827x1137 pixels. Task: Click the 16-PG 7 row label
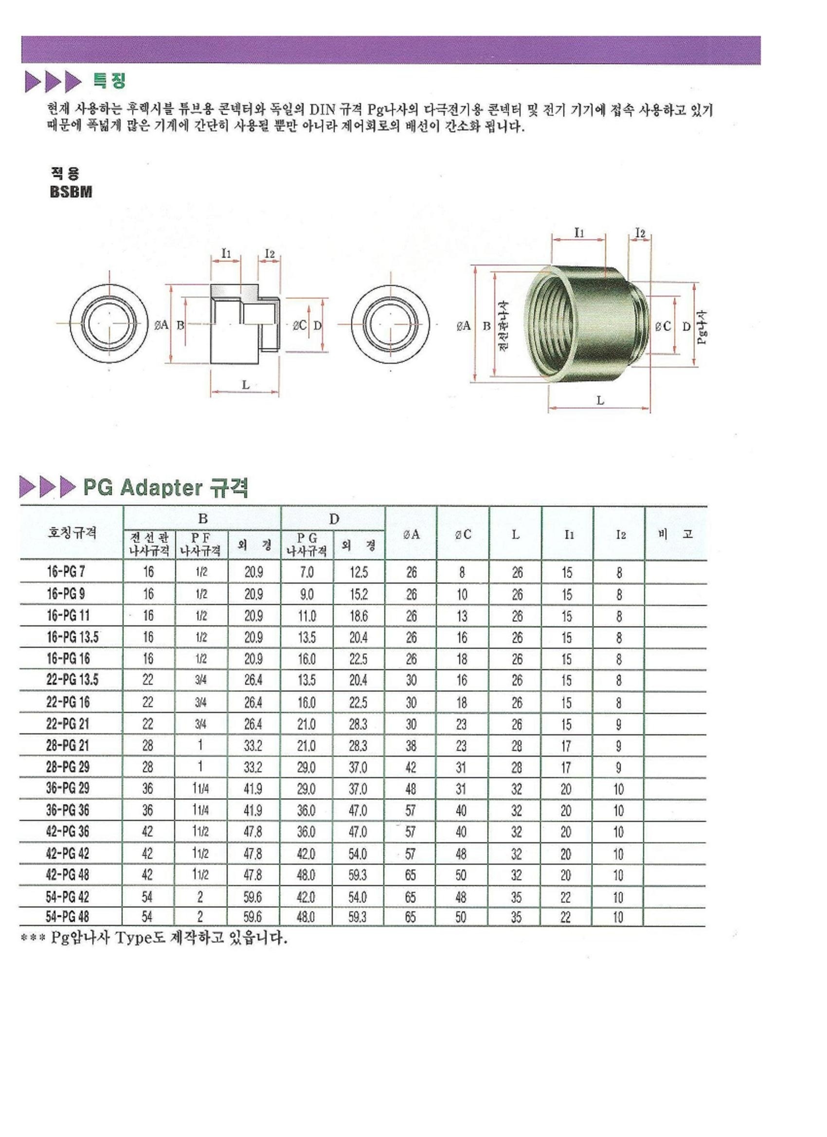[x=66, y=571]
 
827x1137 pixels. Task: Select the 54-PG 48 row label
[x=67, y=917]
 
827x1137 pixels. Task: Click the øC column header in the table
[x=463, y=534]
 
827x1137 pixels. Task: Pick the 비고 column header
[x=675, y=534]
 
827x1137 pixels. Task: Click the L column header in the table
[x=516, y=534]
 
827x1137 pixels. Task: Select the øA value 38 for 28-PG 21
[x=411, y=746]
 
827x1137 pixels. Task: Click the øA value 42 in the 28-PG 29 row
[x=411, y=767]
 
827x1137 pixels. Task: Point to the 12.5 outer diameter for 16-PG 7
[x=359, y=572]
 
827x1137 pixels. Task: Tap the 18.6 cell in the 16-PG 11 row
[x=359, y=616]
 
